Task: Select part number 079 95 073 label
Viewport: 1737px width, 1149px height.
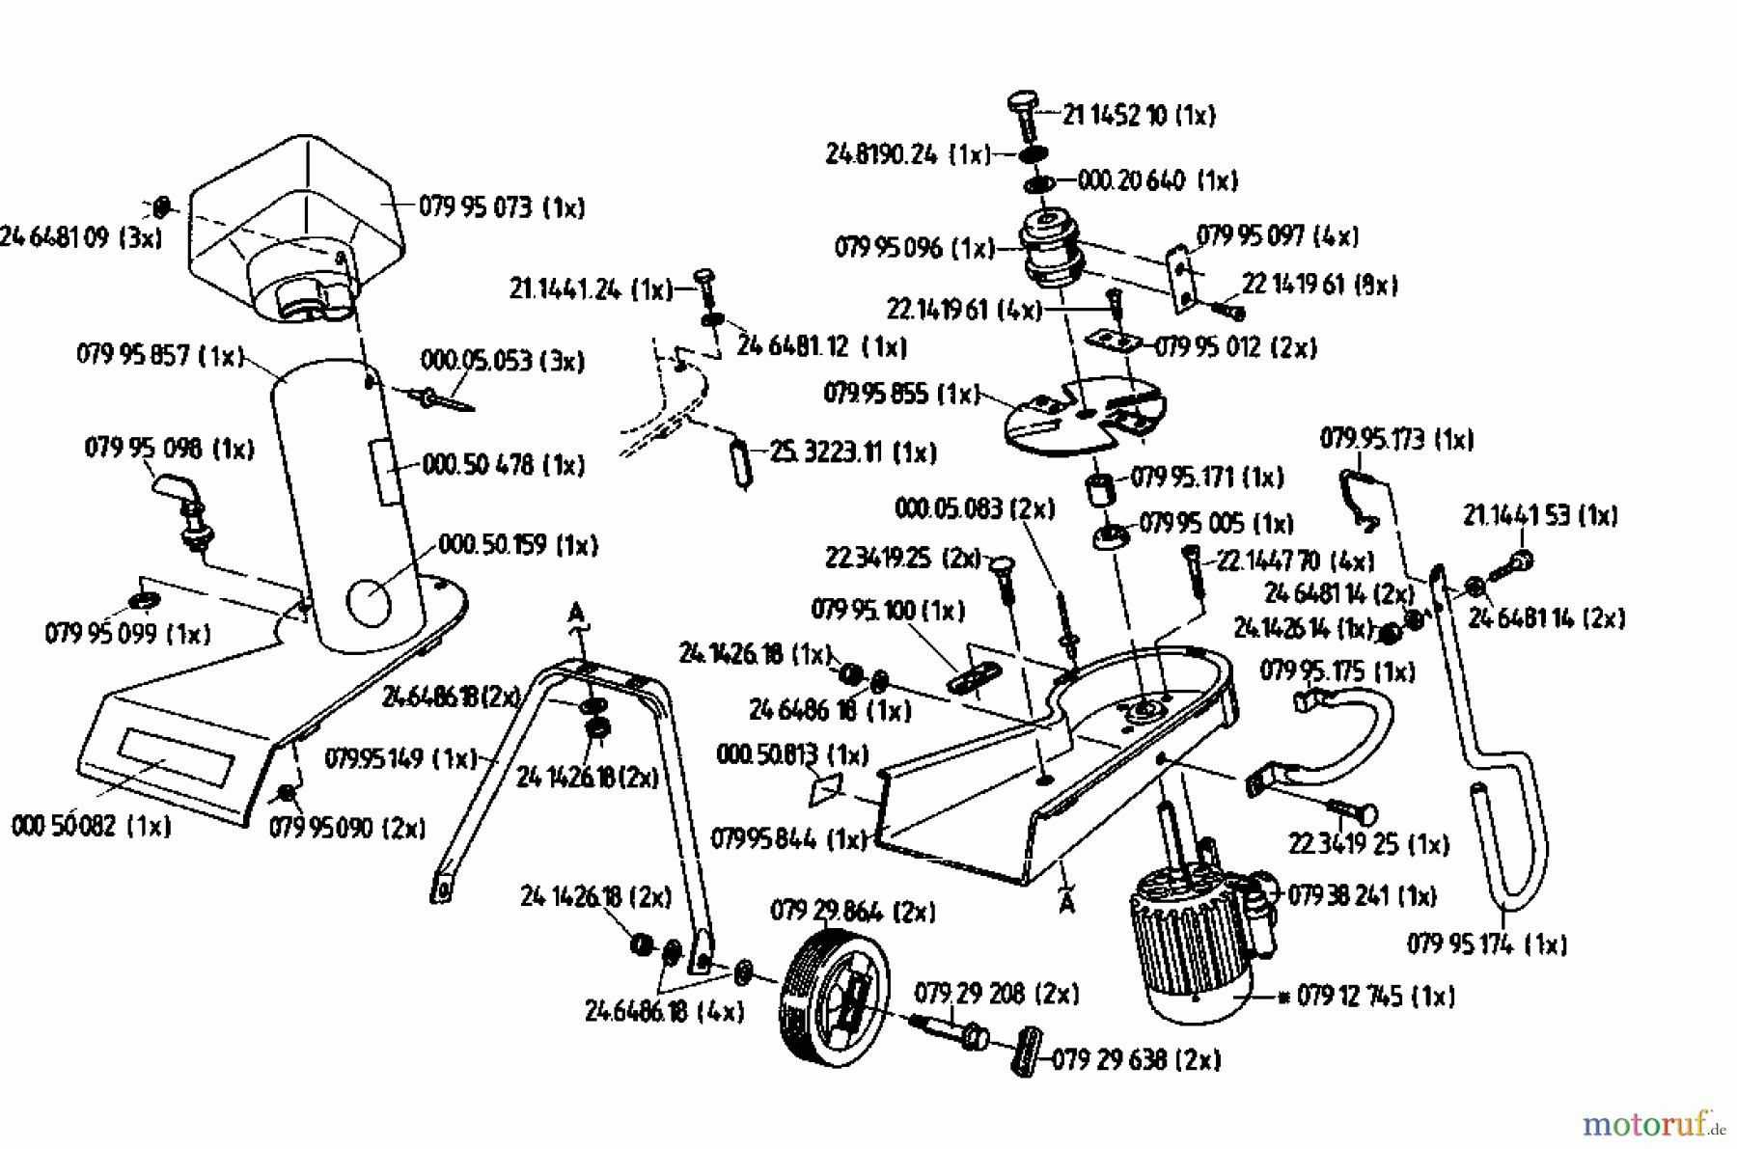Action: [502, 207]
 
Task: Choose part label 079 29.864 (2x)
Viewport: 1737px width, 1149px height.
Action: [853, 911]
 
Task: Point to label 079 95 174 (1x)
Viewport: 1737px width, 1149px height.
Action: [1486, 944]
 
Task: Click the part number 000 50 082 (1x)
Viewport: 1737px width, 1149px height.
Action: [92, 826]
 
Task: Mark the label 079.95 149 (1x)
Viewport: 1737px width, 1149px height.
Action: [400, 758]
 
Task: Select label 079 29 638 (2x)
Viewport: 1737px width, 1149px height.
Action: [1136, 1059]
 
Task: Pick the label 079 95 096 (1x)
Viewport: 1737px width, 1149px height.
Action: [914, 248]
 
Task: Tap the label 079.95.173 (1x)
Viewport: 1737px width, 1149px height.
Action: [1396, 439]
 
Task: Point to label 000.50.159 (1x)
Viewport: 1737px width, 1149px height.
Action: [518, 545]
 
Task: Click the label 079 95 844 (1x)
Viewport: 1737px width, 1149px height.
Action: [789, 839]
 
